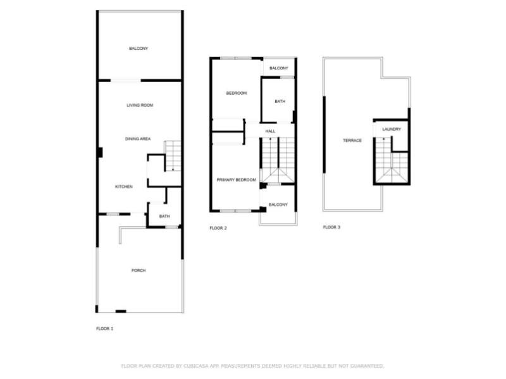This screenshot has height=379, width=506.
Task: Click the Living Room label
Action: (x=140, y=105)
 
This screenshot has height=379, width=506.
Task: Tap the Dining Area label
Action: (x=137, y=138)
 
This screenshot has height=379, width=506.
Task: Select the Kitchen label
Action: (x=123, y=187)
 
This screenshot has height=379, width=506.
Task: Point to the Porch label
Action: (x=139, y=270)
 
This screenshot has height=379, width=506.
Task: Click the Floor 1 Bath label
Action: (x=164, y=217)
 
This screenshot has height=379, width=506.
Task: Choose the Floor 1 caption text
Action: (x=104, y=328)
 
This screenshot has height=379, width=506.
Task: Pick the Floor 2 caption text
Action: (x=218, y=227)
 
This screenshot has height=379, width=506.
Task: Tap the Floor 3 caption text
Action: (x=331, y=227)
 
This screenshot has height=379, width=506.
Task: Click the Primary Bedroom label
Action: (x=237, y=180)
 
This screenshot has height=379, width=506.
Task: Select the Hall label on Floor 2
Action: (x=270, y=131)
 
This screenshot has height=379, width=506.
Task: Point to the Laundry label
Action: (x=392, y=129)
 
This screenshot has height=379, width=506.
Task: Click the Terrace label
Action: (x=352, y=140)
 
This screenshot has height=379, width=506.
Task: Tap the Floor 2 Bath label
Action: (x=279, y=102)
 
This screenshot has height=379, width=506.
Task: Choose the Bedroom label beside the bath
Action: (x=237, y=93)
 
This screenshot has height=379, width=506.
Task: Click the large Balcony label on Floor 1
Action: (x=139, y=49)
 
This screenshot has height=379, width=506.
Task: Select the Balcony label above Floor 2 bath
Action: (x=279, y=68)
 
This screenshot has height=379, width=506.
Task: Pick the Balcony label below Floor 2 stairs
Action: (x=278, y=205)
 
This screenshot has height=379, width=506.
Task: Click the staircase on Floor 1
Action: (x=173, y=155)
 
